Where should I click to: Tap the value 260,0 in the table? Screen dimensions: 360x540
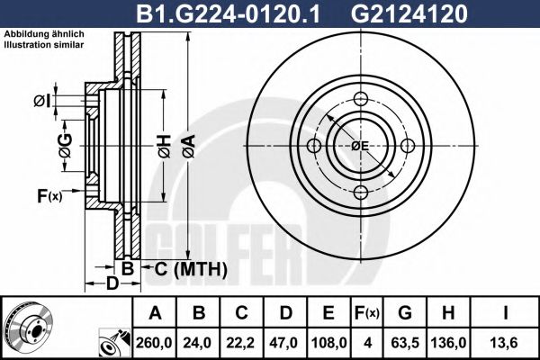tap(155, 342)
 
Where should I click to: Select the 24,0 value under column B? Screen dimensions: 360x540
tap(198, 342)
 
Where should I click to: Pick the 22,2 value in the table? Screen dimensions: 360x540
tap(241, 342)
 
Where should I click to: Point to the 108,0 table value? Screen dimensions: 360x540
tap(328, 342)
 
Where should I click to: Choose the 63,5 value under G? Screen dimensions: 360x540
tap(405, 342)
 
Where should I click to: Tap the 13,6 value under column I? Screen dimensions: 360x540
tap(507, 342)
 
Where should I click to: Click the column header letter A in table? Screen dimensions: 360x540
tap(155, 313)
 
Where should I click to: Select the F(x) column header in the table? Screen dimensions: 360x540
tap(369, 313)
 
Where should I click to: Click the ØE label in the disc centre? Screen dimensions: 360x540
tap(360, 147)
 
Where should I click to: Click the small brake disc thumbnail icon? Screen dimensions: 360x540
tap(28, 328)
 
